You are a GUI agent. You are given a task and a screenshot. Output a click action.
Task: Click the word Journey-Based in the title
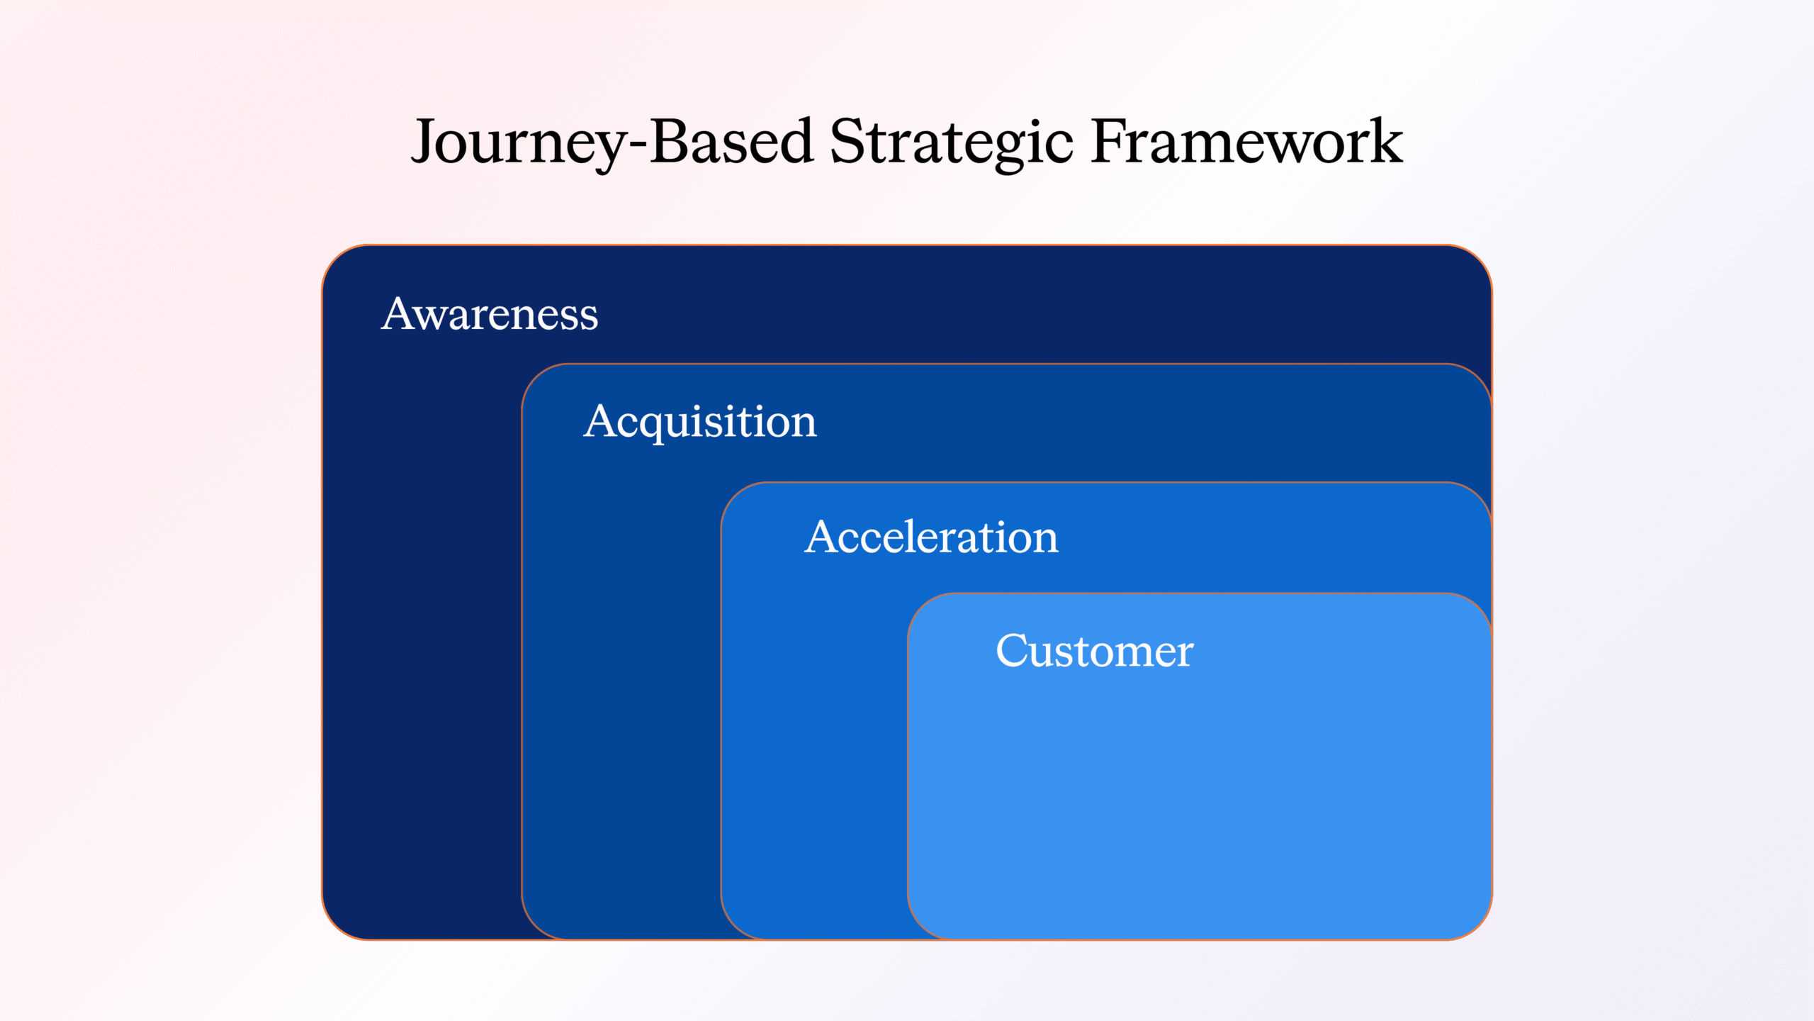[x=612, y=142]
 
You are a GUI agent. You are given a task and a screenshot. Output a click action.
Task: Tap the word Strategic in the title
[x=951, y=142]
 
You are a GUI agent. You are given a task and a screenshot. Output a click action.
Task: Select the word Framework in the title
[x=1246, y=142]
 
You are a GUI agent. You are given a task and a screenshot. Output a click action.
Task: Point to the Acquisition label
[x=700, y=421]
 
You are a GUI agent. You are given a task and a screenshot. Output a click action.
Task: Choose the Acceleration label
[x=931, y=537]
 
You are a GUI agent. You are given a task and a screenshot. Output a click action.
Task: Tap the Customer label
[x=1095, y=650]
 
